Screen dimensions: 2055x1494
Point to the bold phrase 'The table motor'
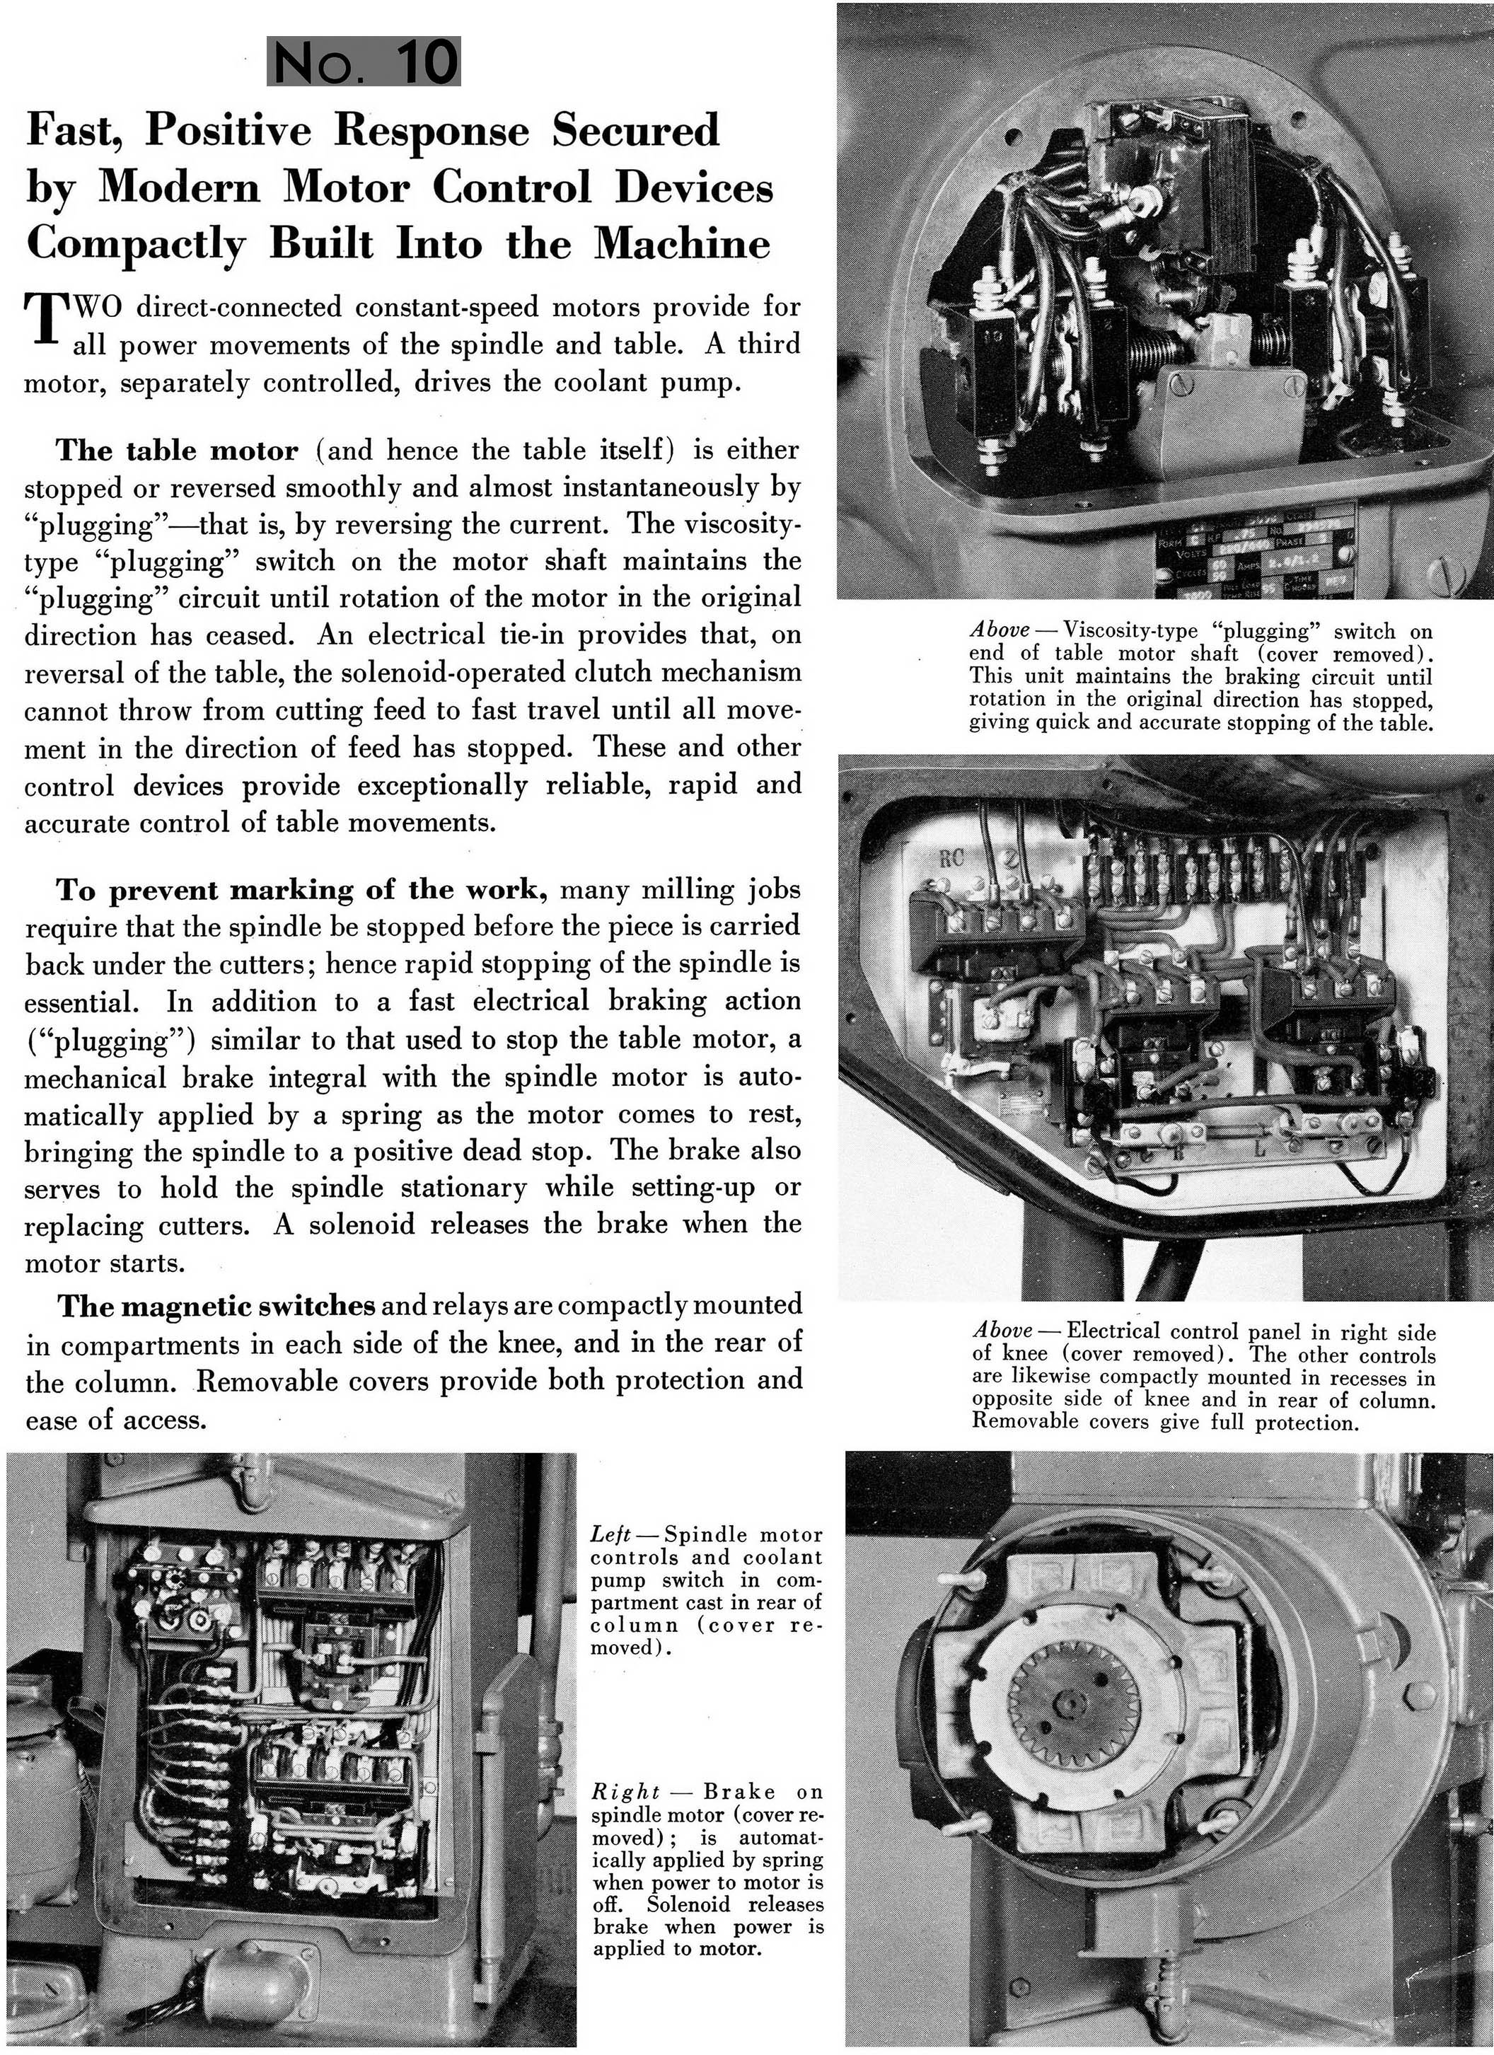click(x=177, y=451)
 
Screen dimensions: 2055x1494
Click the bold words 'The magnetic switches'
click(x=217, y=1306)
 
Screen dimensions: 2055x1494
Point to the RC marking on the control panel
click(x=951, y=860)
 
